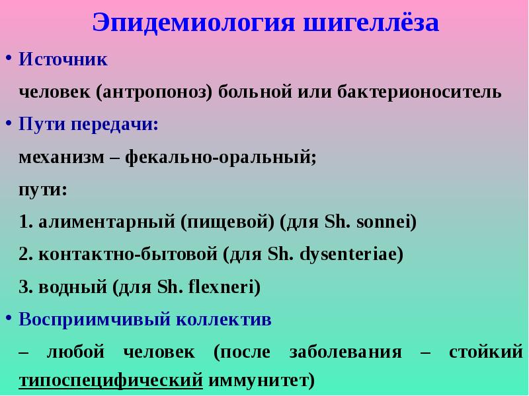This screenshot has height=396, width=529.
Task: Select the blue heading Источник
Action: [63, 59]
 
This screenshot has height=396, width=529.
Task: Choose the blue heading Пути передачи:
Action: [89, 123]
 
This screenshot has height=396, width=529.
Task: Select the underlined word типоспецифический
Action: [111, 381]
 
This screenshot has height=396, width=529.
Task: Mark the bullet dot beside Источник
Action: [9, 58]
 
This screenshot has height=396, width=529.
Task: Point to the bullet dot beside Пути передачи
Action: [9, 122]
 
